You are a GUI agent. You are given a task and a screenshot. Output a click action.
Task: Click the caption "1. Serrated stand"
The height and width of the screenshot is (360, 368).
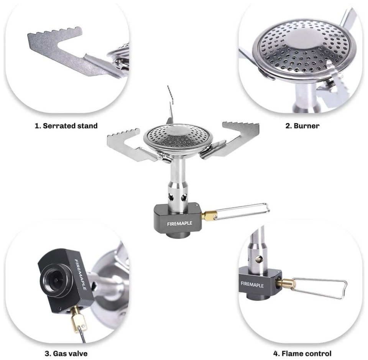(x=66, y=126)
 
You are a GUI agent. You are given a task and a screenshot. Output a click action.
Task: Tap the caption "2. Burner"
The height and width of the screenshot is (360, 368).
(x=302, y=126)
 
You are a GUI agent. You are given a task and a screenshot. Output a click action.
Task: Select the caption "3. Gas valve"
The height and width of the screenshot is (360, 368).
(x=66, y=353)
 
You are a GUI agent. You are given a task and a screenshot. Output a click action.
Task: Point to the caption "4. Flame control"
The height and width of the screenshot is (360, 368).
(x=302, y=353)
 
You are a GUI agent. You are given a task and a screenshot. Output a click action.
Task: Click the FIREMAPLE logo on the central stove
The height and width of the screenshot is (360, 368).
(x=179, y=224)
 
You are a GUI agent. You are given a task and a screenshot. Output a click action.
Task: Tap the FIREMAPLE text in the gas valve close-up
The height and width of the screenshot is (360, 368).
(x=80, y=275)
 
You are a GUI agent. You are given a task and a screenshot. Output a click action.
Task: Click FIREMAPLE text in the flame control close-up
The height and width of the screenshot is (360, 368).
(x=252, y=284)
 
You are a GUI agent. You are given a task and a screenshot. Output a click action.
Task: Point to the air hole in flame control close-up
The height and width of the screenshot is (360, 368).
(x=259, y=259)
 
